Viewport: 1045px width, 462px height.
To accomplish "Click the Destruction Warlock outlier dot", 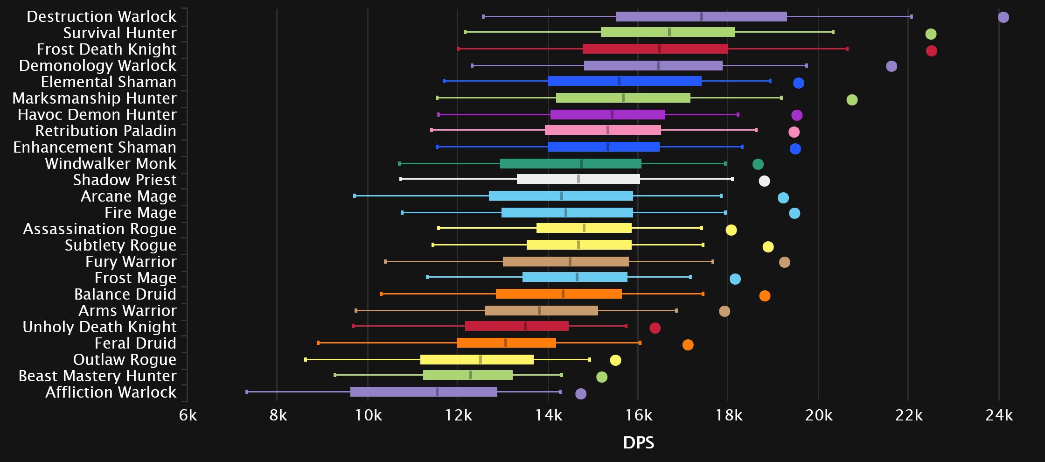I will (x=1003, y=17).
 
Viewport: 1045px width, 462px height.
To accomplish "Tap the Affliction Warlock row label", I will (x=111, y=392).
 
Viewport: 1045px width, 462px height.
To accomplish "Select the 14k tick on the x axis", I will (x=549, y=415).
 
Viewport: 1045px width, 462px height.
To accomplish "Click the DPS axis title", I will (x=638, y=443).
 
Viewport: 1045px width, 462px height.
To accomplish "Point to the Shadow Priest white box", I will (x=578, y=179).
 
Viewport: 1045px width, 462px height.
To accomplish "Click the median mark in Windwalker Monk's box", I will (x=581, y=164).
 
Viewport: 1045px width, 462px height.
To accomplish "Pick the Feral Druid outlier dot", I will (x=688, y=345).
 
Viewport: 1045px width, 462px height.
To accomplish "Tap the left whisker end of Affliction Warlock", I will (x=247, y=392).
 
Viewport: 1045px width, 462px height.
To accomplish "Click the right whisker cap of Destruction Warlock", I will (x=911, y=17).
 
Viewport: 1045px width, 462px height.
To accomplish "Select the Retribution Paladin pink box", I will (x=603, y=130).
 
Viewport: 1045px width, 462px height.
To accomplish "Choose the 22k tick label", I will (x=909, y=415).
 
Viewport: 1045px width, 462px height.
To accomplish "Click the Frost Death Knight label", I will (x=106, y=49).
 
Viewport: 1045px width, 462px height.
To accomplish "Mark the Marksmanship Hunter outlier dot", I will (x=852, y=100).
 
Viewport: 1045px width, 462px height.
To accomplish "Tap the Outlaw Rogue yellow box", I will (x=477, y=360).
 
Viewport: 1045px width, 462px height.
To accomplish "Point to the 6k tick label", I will (x=188, y=415).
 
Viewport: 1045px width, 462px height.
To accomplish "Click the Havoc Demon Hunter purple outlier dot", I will (x=797, y=115).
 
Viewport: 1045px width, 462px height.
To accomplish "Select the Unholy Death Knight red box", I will (x=516, y=326).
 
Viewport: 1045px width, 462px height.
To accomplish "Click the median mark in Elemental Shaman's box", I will (x=619, y=81).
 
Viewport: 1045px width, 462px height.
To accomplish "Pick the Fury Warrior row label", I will (x=131, y=262).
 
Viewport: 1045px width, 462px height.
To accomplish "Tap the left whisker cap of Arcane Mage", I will (x=355, y=196).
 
